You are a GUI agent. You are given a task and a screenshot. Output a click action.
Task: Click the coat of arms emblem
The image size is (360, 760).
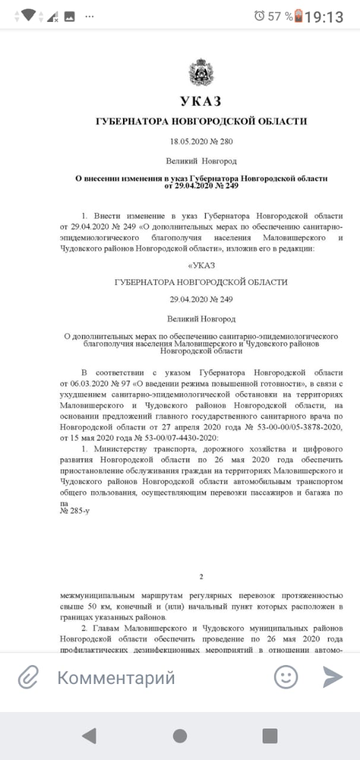[201, 73]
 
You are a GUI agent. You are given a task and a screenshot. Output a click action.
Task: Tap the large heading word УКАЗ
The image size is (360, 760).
[201, 102]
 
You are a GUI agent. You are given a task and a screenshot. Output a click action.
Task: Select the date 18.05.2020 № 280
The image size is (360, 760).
[201, 141]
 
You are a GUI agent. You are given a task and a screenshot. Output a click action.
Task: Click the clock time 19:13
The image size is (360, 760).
[324, 17]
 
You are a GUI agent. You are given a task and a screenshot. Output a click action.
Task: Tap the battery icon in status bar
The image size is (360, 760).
[298, 16]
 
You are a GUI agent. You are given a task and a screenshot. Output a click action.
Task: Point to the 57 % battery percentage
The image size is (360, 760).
[280, 17]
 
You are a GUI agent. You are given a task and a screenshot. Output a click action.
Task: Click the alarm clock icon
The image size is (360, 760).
[260, 16]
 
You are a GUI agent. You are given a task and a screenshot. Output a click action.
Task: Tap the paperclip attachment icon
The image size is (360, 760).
[28, 677]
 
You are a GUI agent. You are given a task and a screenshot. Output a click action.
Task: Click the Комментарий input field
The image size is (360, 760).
[149, 677]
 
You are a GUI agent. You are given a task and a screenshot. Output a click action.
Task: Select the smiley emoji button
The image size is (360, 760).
[286, 677]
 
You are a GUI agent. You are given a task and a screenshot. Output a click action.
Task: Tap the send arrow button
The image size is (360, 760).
[333, 677]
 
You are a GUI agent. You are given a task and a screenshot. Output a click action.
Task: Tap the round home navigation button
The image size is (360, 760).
[180, 736]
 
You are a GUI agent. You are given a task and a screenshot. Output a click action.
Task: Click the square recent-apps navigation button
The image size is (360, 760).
[270, 736]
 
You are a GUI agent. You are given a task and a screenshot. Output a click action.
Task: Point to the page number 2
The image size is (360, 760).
[201, 577]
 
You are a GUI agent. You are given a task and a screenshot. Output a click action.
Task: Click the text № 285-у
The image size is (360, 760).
[74, 510]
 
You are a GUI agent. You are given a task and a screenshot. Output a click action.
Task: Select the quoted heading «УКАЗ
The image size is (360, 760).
[201, 264]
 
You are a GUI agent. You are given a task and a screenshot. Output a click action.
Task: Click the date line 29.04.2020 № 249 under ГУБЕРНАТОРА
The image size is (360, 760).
[201, 300]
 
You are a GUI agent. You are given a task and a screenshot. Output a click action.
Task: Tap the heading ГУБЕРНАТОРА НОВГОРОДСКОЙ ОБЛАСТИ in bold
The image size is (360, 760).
[201, 122]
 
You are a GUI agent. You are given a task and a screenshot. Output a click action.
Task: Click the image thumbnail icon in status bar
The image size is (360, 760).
[70, 16]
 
